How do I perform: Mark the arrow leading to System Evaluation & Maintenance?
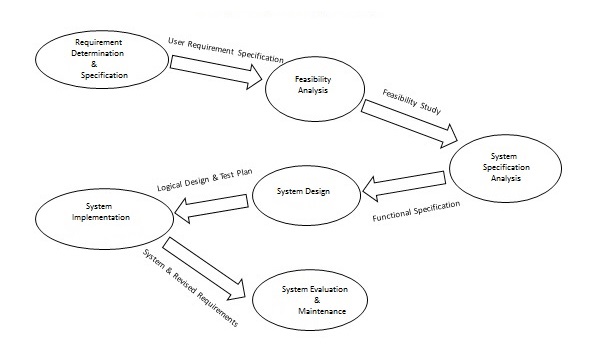206,268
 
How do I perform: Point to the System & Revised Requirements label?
190,289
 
